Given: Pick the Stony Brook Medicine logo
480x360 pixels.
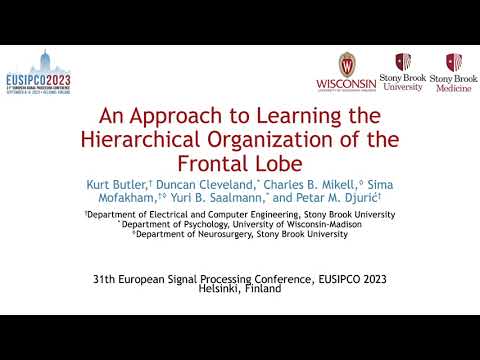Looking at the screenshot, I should click(x=453, y=69).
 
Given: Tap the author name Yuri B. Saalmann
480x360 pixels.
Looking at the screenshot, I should click(x=212, y=199).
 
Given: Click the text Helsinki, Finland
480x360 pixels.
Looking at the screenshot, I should click(x=240, y=288).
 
